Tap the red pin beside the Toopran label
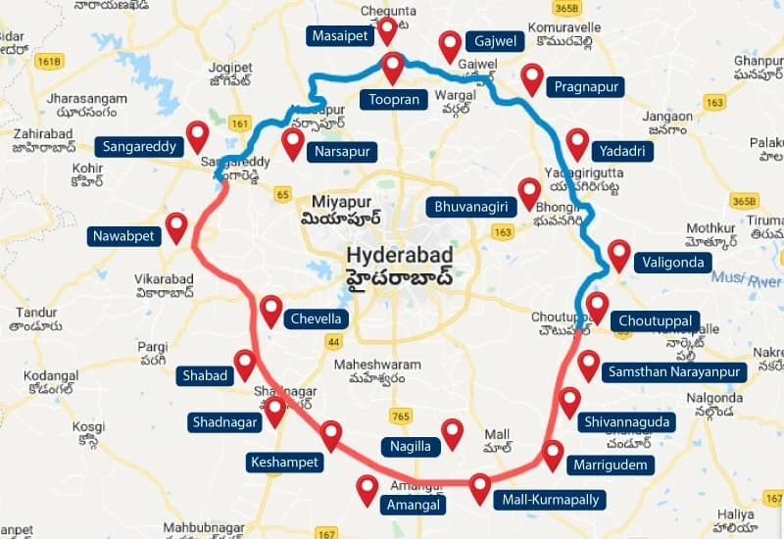click(393, 67)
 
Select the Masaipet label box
click(341, 36)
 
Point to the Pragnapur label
click(586, 87)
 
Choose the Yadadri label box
click(622, 151)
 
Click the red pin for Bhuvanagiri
click(529, 192)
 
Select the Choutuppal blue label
click(656, 320)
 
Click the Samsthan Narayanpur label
click(675, 371)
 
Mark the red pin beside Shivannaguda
click(569, 401)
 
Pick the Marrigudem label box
click(611, 465)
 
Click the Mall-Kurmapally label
click(548, 500)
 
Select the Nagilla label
click(409, 446)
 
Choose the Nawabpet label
click(121, 235)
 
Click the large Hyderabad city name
click(402, 256)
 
